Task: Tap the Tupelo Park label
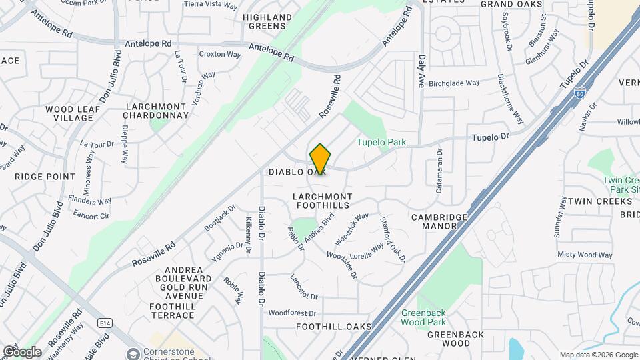(x=381, y=142)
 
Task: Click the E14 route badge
(x=103, y=323)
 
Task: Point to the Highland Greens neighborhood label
(x=267, y=21)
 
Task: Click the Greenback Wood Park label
(x=423, y=317)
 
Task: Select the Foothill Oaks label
(x=333, y=327)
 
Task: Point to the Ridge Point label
(x=45, y=177)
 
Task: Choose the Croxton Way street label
(x=219, y=54)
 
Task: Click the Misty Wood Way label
(x=585, y=255)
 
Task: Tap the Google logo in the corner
(x=22, y=351)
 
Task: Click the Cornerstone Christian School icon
(x=133, y=353)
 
